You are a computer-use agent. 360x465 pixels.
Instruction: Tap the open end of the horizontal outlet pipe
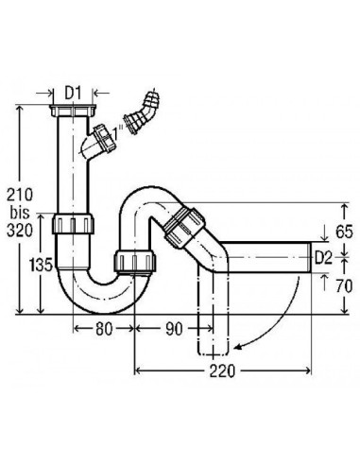pos(309,256)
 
